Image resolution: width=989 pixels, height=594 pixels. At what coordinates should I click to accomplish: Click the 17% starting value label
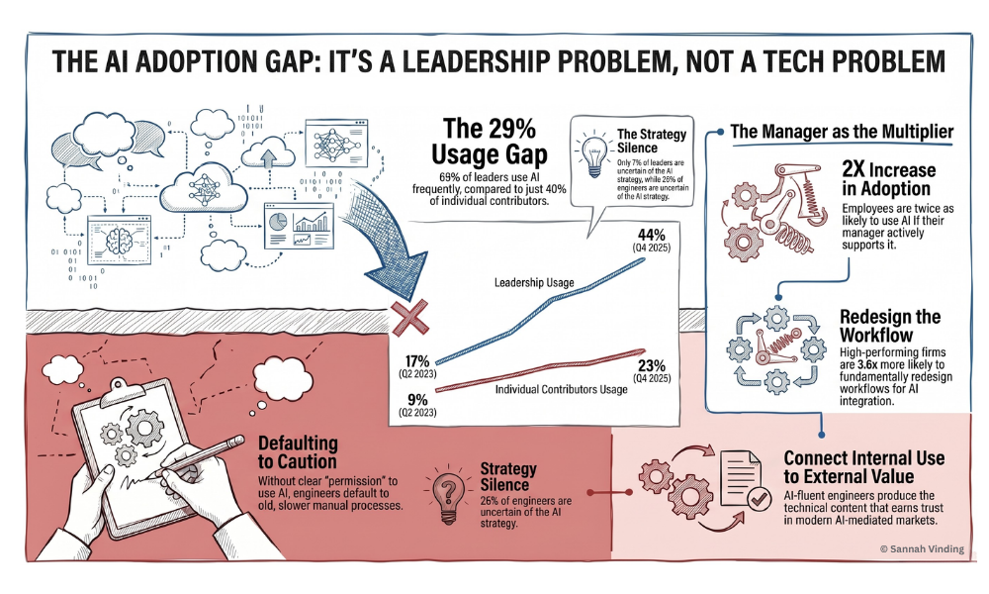416,362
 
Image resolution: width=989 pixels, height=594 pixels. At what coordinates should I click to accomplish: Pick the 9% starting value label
417,398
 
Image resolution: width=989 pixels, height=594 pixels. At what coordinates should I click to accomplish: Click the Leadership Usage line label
534,284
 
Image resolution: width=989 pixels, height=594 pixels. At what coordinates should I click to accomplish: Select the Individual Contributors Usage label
561,389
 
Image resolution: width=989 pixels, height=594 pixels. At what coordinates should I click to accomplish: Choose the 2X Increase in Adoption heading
886,179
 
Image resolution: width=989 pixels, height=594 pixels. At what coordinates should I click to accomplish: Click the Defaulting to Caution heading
298,451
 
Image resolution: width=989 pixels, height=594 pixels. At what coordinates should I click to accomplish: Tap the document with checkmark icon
739,481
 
